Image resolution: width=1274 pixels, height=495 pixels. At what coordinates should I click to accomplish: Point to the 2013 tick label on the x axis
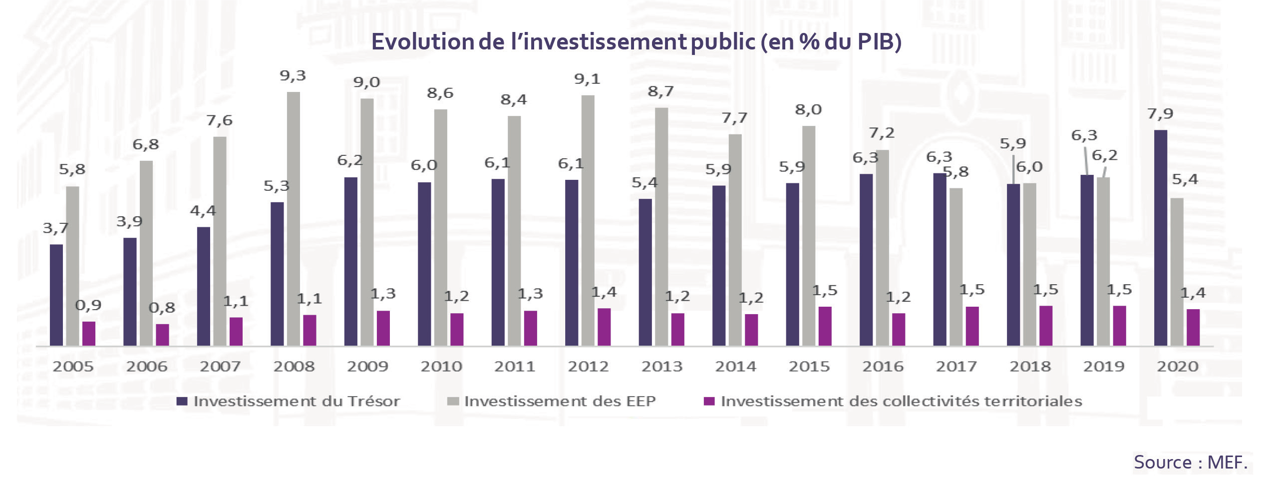(x=661, y=366)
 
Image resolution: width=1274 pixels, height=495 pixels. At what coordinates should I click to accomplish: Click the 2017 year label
(x=956, y=366)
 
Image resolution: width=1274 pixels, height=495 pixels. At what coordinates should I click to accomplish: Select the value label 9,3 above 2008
(x=293, y=76)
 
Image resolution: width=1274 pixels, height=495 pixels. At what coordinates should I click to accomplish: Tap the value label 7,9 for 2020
(x=1160, y=114)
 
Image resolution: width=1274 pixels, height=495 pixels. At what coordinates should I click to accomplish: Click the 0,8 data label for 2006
(x=162, y=308)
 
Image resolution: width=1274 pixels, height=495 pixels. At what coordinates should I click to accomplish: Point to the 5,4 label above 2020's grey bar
(x=1185, y=179)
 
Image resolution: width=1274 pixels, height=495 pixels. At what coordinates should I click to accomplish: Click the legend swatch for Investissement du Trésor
(x=182, y=401)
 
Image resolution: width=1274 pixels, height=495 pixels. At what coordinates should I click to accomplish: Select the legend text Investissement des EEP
(x=560, y=401)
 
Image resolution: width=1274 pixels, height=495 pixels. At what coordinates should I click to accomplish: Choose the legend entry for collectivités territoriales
(x=901, y=401)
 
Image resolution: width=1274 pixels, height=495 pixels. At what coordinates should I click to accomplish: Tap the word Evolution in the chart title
(x=422, y=42)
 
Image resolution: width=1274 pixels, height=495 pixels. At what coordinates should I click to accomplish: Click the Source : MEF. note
(x=1191, y=462)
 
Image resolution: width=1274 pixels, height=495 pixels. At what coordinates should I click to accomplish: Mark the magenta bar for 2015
(x=825, y=326)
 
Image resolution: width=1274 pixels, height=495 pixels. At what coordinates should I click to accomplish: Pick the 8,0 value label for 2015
(x=808, y=110)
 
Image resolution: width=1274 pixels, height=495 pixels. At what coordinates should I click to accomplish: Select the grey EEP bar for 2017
(x=956, y=267)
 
